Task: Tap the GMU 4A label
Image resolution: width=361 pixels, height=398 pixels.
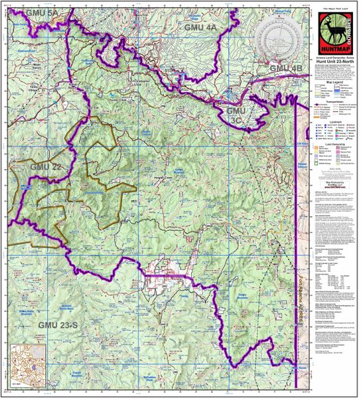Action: tap(200, 28)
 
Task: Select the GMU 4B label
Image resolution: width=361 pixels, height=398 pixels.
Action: tap(286, 69)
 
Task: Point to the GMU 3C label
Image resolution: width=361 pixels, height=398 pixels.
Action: tap(237, 116)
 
